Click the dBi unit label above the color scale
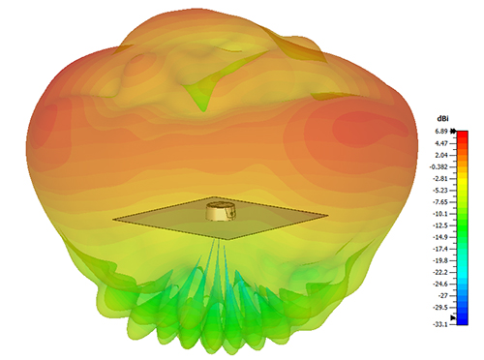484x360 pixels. (442, 119)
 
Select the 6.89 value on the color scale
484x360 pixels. (441, 132)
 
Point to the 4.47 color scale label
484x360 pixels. (441, 143)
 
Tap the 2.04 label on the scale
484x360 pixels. (441, 155)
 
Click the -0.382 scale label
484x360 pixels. (439, 166)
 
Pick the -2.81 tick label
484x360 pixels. (440, 179)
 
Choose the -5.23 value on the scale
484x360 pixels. (440, 191)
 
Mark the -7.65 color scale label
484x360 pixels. (440, 202)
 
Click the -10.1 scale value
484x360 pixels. (440, 214)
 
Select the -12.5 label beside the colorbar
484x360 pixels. (440, 225)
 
